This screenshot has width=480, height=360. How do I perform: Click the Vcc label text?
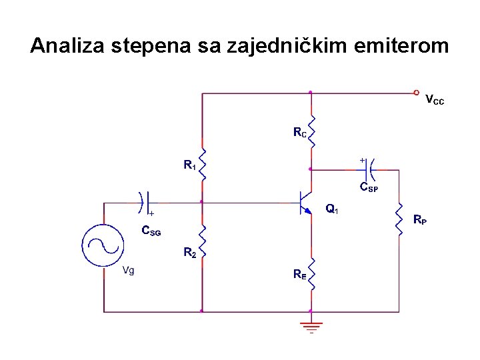434,101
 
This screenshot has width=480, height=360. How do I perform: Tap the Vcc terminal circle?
416,93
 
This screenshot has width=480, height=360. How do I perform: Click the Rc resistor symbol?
311,127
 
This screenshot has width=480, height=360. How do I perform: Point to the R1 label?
190,164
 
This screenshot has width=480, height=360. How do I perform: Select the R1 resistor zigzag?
202,164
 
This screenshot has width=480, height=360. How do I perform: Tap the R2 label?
190,253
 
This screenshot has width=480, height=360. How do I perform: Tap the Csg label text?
151,231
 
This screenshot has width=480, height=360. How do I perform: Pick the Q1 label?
332,209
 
